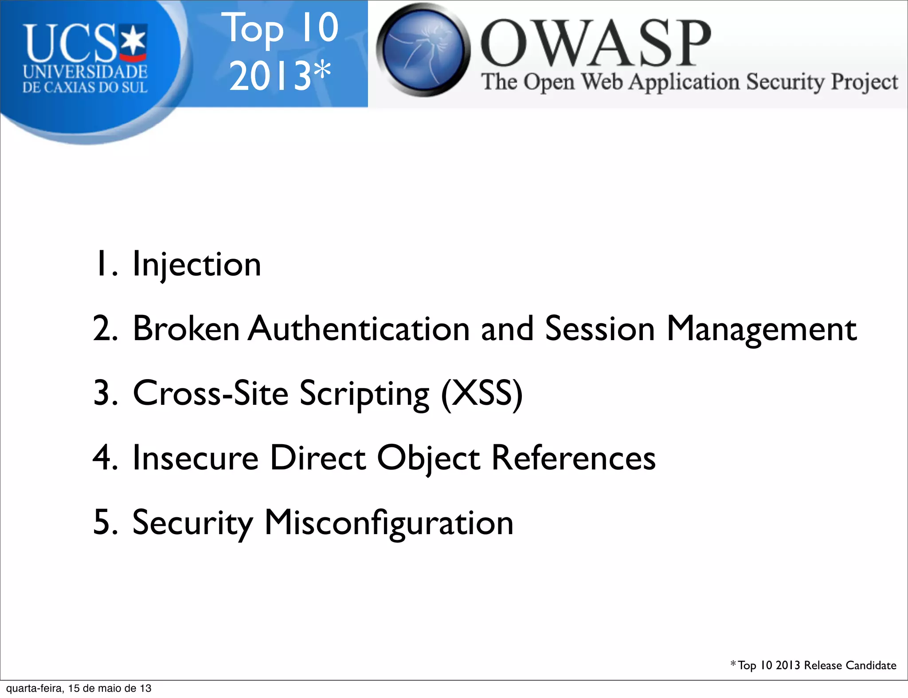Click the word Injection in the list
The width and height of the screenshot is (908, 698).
pos(196,265)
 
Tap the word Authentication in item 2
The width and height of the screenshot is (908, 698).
pos(359,329)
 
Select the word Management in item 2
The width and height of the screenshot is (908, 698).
pos(761,329)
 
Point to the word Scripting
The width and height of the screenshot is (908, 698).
pos(364,394)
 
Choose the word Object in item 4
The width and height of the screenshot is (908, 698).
pos(428,458)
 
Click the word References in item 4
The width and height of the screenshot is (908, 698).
pos(573,458)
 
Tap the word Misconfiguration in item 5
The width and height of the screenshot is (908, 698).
pos(389,523)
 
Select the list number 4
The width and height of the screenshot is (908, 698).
pos(105,458)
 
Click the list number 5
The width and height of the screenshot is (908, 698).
pos(105,523)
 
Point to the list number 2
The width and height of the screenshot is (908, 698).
pos(105,329)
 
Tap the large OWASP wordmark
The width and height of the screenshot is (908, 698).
pos(595,43)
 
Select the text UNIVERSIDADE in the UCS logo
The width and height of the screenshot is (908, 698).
pos(85,72)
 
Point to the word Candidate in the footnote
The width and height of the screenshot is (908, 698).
pos(871,666)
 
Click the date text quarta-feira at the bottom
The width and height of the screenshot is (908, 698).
pos(34,688)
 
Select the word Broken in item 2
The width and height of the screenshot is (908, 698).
pos(186,329)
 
